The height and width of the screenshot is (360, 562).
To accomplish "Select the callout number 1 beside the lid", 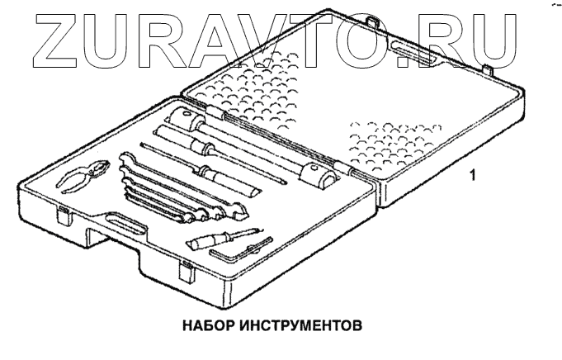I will [470, 175].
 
